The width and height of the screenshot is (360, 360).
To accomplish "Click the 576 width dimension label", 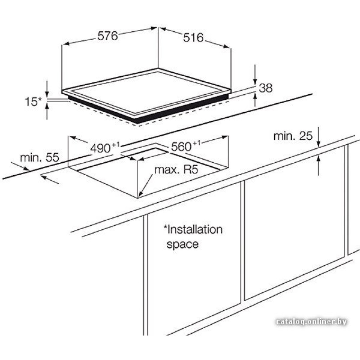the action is (108, 36).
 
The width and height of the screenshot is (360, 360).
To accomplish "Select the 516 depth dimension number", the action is (193, 37).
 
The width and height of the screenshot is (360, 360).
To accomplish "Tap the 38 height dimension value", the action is (266, 88).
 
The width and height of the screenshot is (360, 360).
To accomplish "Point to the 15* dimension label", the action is (33, 102).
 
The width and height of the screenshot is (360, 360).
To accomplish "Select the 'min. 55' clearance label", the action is (40, 158).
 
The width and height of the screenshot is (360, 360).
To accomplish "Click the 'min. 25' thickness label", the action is (293, 136).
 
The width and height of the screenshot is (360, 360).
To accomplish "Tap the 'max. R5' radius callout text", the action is (176, 170).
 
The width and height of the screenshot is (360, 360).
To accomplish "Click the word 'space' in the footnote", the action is (182, 244).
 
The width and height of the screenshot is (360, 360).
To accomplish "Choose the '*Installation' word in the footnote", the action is (193, 230).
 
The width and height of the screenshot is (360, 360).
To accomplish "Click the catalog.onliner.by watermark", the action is (311, 321).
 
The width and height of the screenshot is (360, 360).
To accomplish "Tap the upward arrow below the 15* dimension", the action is (47, 111).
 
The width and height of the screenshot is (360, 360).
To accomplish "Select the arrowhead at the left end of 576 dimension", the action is (66, 44).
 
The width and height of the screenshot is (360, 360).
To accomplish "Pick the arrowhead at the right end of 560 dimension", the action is (225, 137).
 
